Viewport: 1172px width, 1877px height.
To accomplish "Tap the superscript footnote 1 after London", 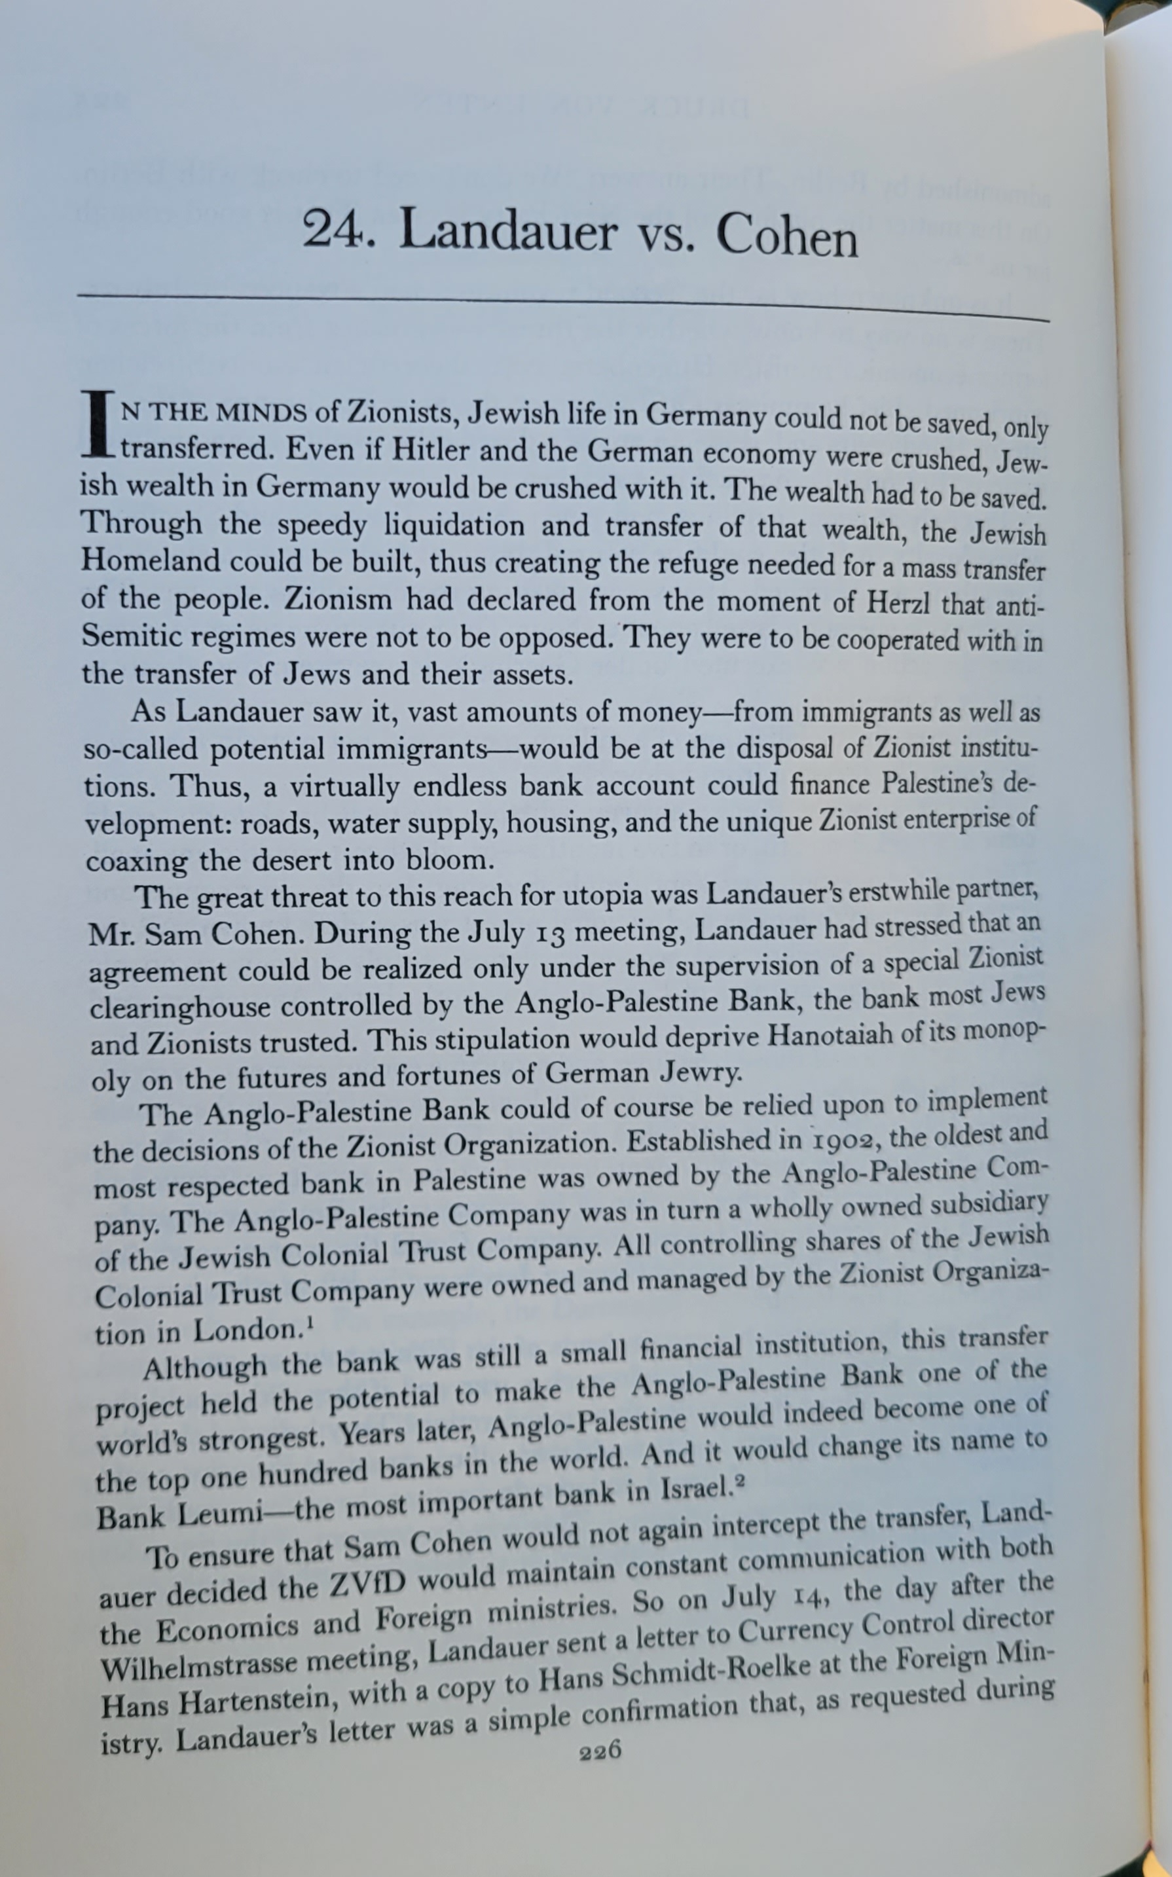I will click(x=311, y=1324).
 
